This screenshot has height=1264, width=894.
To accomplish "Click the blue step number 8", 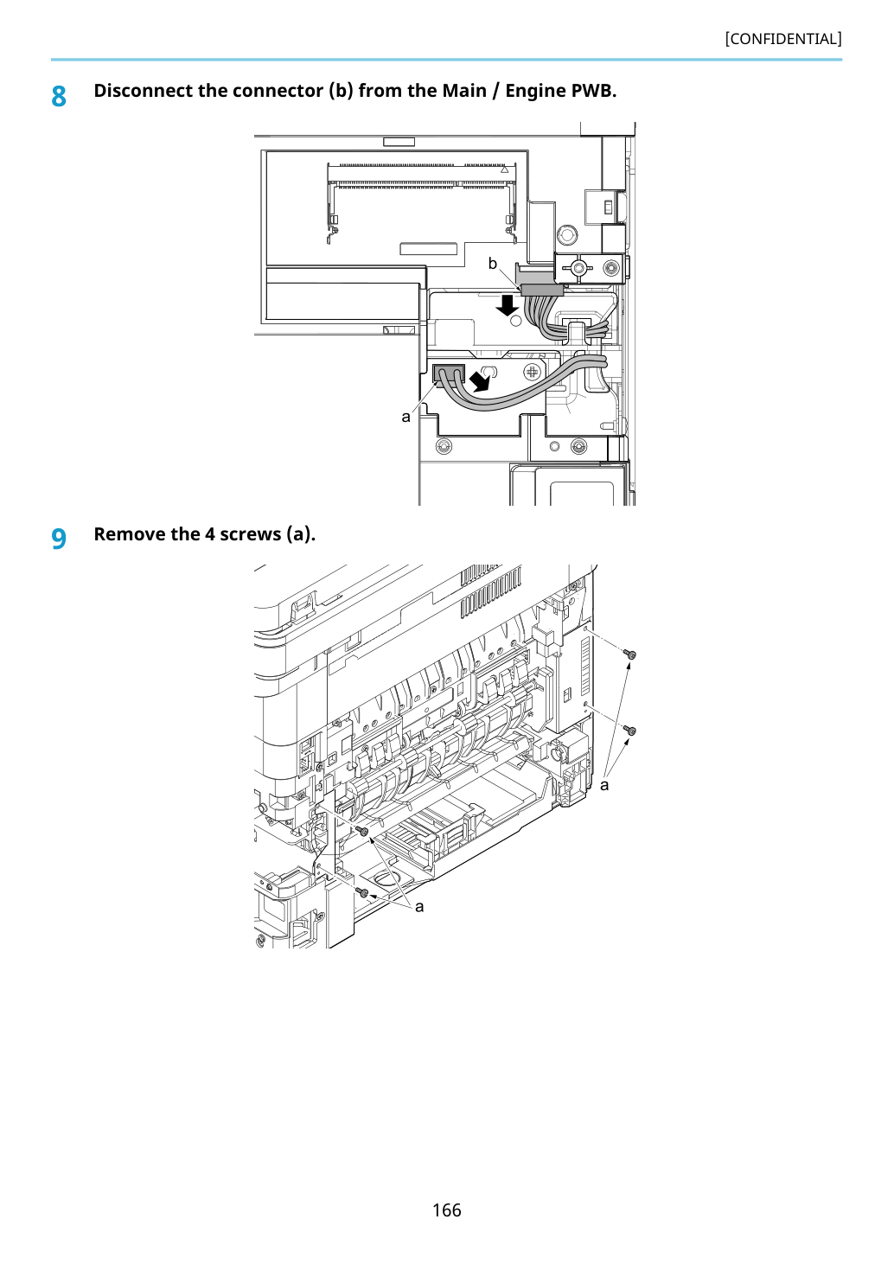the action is click(x=59, y=96).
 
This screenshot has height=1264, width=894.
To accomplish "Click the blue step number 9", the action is click(x=59, y=539).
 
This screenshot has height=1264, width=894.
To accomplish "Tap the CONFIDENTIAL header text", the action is click(x=783, y=39).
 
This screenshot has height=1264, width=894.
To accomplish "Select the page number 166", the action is click(x=446, y=1210).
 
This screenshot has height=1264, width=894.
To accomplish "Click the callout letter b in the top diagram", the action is click(x=493, y=264).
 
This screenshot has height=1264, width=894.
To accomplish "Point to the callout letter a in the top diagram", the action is click(x=405, y=417).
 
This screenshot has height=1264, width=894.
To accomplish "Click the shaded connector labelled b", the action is click(x=542, y=290).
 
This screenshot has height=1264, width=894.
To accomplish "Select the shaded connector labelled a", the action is click(x=448, y=373).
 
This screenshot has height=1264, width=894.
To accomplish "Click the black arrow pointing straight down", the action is click(x=508, y=306).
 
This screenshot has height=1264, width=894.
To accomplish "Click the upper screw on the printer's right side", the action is click(x=630, y=654).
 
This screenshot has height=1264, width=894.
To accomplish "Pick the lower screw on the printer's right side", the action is click(x=630, y=731).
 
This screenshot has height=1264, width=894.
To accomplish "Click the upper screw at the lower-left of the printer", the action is click(x=362, y=830).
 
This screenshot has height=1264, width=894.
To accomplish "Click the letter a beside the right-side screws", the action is click(x=604, y=786).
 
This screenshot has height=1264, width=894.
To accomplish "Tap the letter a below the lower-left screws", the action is click(x=419, y=907).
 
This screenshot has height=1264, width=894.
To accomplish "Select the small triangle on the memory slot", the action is click(x=505, y=169).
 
